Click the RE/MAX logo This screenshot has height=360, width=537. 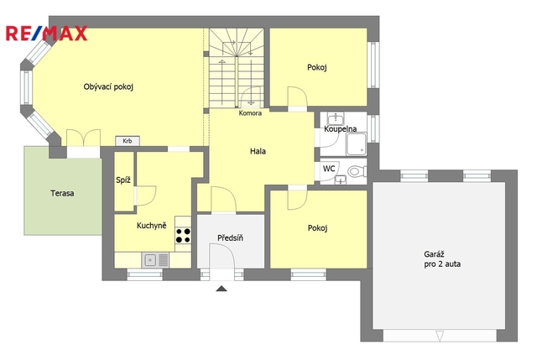click(47, 34)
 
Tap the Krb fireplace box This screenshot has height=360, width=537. click(128, 141)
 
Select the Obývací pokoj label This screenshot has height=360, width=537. click(108, 87)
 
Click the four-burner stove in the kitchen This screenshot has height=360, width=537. click(183, 235)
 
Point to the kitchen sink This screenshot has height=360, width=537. click(155, 260)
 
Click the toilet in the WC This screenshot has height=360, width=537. click(357, 170)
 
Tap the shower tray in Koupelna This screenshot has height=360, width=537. click(356, 143)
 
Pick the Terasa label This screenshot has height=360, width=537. click(62, 193)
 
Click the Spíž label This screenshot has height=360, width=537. click(123, 180)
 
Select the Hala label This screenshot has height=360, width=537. click(258, 151)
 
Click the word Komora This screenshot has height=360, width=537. click(250, 113)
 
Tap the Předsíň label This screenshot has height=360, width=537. click(230, 237)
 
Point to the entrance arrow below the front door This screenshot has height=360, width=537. click(222, 289)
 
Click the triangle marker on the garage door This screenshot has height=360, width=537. click(440, 336)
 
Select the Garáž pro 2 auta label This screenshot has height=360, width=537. click(442, 259)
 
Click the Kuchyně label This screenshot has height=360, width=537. click(151, 226)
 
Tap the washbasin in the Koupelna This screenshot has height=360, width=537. click(336, 118)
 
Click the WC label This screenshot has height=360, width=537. click(329, 169)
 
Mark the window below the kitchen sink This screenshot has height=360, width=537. click(145, 274)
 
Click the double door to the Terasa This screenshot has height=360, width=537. click(84, 138)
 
